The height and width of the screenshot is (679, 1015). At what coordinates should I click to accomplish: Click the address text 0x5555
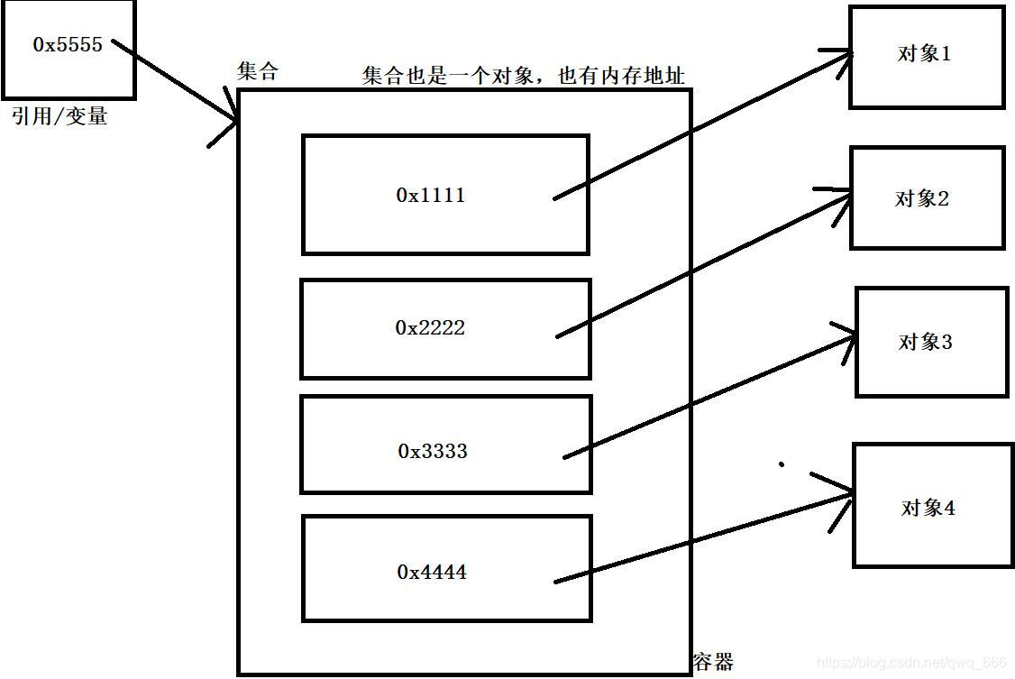68,44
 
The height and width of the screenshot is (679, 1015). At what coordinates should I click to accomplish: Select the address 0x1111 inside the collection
431,194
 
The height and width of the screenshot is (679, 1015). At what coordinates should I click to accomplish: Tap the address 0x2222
430,327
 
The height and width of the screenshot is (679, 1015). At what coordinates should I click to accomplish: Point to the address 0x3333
433,450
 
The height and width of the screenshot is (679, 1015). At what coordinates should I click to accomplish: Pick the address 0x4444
432,572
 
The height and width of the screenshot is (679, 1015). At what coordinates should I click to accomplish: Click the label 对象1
924,53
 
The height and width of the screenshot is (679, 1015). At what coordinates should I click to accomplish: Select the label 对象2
922,198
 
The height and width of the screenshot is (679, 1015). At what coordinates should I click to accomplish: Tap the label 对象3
926,342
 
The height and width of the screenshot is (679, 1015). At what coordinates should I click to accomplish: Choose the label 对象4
928,508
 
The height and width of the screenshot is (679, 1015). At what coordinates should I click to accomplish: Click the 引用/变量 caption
59,116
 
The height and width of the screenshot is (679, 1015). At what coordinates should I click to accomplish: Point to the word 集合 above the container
258,72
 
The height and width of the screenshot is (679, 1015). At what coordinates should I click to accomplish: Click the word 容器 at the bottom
713,662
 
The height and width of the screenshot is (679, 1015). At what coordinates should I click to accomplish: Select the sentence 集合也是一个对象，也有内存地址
523,76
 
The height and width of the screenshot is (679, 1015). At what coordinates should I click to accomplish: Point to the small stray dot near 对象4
781,465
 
